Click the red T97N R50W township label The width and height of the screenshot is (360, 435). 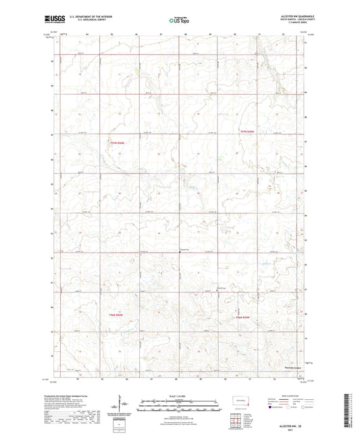(117, 143)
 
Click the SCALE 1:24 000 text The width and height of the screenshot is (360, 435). (180, 396)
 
